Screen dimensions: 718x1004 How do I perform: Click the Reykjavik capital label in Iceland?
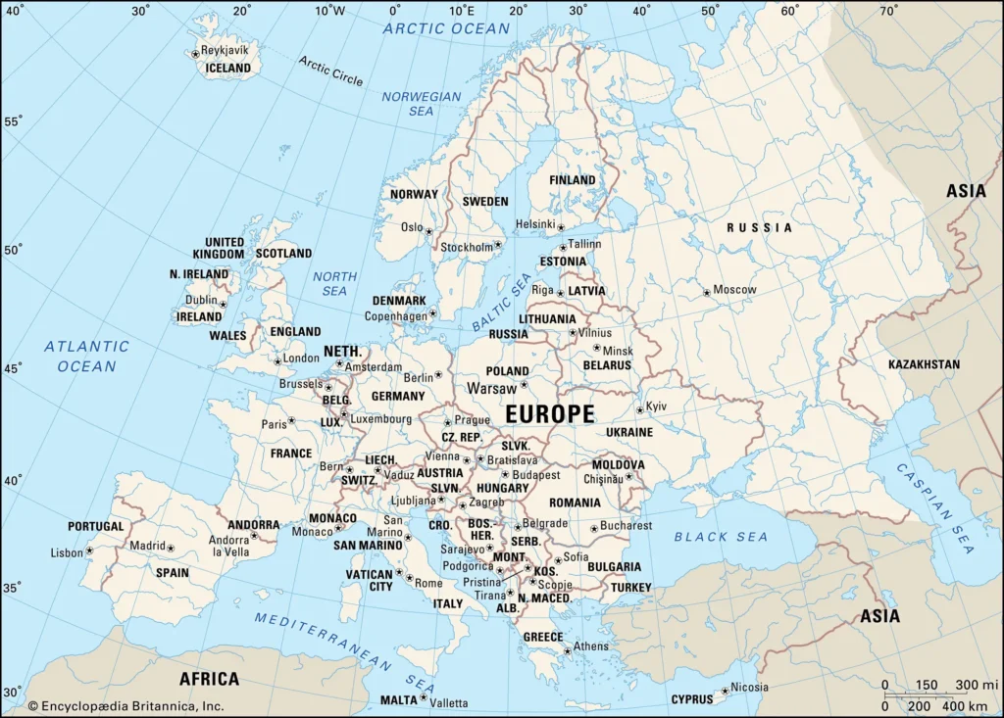coord(225,50)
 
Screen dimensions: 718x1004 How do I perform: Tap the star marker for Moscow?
coord(706,292)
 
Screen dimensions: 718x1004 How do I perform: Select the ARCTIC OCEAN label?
coord(446,28)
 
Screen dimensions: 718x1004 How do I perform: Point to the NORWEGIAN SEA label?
coord(422,104)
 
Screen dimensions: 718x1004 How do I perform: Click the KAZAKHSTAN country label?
coord(924,364)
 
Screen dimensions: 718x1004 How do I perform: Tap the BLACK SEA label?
coord(721,537)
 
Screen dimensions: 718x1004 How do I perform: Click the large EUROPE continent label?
coord(550,414)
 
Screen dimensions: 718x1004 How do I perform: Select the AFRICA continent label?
coord(209,679)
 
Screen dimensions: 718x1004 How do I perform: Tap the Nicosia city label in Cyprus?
coord(749,688)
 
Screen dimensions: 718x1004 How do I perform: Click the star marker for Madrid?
coord(171,549)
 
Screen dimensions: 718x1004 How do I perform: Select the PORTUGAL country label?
coord(96,526)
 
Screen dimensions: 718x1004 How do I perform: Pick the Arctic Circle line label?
coord(330,71)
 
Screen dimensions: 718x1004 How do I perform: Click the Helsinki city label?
coord(535,224)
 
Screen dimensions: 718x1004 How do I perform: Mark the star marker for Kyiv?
coord(639,409)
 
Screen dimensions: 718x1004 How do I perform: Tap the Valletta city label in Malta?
coord(449,702)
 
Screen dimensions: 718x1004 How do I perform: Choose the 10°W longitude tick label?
coord(330,11)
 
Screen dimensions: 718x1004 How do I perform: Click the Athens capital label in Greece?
coord(591,646)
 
